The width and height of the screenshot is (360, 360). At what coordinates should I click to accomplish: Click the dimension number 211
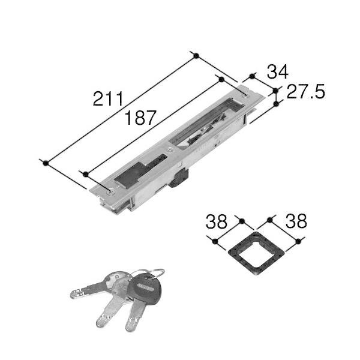coord(109,99)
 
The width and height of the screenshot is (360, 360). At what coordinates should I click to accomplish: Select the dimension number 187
coord(140,118)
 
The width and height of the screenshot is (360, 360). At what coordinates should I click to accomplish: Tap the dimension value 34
coord(277,72)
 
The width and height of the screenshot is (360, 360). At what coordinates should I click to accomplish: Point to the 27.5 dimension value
coord(305,91)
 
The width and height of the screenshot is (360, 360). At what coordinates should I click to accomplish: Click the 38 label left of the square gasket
coord(217,221)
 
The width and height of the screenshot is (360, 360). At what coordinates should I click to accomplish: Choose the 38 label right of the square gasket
coord(296,221)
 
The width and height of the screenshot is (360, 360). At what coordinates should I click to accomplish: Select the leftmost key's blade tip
coord(74,294)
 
